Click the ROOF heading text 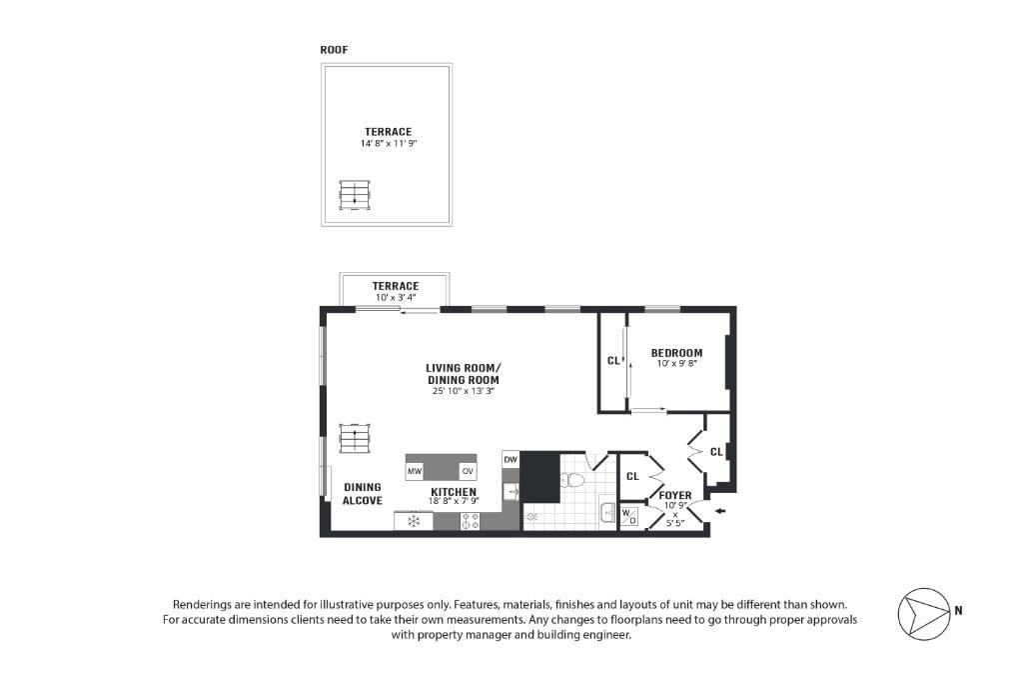click(x=334, y=50)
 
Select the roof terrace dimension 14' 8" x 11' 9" click(x=388, y=144)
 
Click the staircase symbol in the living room click(x=355, y=438)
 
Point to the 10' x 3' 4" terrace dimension click(x=395, y=297)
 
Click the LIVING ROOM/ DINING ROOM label click(x=463, y=374)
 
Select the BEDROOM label click(x=676, y=353)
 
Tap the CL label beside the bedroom click(x=612, y=361)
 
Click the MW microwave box click(x=415, y=471)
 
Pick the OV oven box click(x=467, y=471)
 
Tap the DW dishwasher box click(x=511, y=460)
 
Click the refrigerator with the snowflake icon click(x=413, y=521)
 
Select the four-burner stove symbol click(x=470, y=521)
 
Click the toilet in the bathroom click(x=572, y=481)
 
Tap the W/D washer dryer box click(x=629, y=516)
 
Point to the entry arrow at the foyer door click(x=721, y=513)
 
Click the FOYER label click(x=675, y=496)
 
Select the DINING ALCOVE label click(x=362, y=494)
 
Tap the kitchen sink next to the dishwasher click(x=511, y=491)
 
